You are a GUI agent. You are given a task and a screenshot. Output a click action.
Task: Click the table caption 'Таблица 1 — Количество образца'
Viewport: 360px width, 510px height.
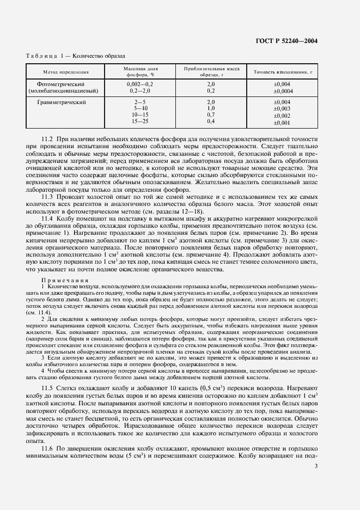[76, 56]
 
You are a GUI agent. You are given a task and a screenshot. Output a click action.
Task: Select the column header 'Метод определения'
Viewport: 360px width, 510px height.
[66, 72]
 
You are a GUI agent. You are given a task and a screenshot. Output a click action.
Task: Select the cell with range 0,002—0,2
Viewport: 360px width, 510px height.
[140, 84]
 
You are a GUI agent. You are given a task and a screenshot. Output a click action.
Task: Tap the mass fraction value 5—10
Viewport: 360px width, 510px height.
[140, 108]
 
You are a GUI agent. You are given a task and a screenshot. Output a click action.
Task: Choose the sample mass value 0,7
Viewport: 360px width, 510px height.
[211, 115]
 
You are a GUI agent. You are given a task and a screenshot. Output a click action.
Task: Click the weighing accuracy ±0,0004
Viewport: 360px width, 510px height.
[282, 91]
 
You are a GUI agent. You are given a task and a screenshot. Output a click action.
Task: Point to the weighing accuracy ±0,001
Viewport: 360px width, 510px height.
[282, 123]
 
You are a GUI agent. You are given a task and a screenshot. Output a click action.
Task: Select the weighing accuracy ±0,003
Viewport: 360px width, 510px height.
[282, 109]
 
